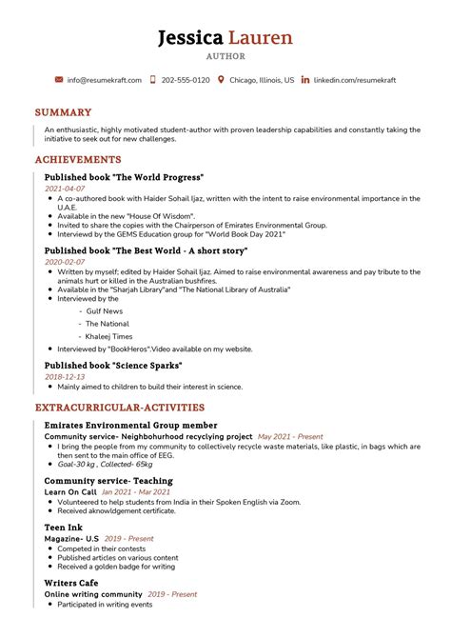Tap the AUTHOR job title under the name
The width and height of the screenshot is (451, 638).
pyautogui.click(x=225, y=57)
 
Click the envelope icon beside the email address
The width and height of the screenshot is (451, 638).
pyautogui.click(x=59, y=80)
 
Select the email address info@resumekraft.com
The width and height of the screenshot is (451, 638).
pyautogui.click(x=105, y=80)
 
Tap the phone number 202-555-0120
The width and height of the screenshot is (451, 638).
pyautogui.click(x=186, y=80)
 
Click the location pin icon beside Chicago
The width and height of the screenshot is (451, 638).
pyautogui.click(x=221, y=80)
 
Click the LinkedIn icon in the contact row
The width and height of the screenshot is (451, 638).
pyautogui.click(x=304, y=80)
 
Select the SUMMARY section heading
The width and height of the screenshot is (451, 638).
pyautogui.click(x=63, y=112)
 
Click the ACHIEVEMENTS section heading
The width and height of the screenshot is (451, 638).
pyautogui.click(x=78, y=160)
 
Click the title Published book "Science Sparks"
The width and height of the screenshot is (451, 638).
pyautogui.click(x=112, y=365)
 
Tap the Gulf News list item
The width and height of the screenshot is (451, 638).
pyautogui.click(x=104, y=310)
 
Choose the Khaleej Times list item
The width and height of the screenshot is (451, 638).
pyautogui.click(x=109, y=336)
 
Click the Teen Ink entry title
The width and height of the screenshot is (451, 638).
pyautogui.click(x=65, y=526)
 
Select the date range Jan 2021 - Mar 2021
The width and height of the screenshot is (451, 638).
pyautogui.click(x=150, y=491)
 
